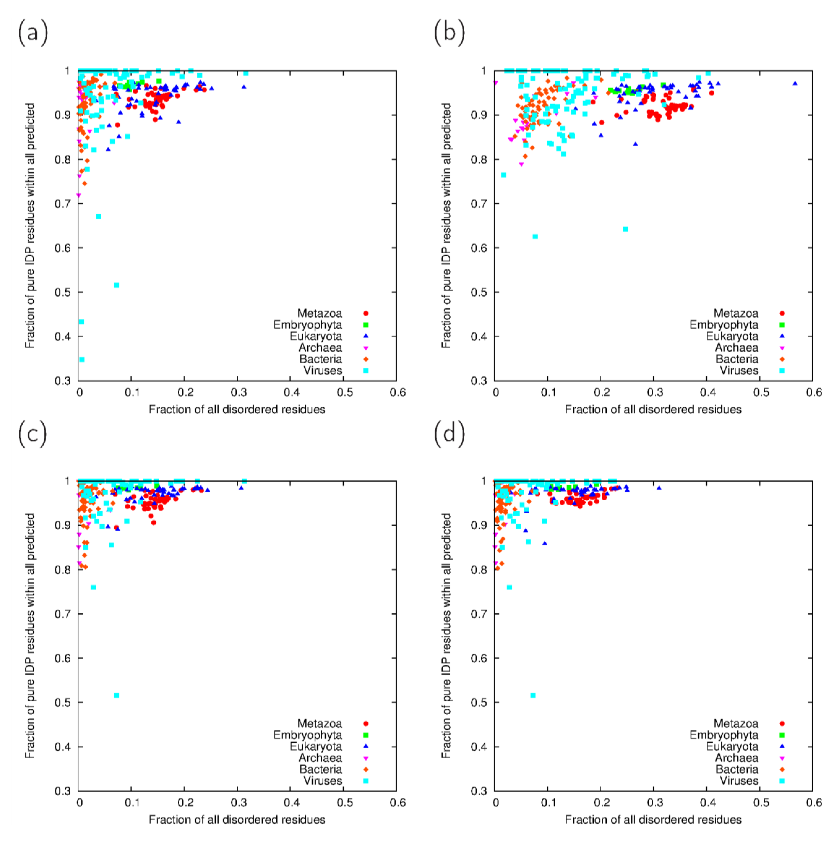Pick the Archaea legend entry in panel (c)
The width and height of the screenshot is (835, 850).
coord(321,758)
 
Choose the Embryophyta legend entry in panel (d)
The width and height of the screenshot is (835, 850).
coord(724,735)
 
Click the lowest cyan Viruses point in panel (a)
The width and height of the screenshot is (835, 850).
coord(82,360)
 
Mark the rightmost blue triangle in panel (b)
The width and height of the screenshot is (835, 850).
coord(795,83)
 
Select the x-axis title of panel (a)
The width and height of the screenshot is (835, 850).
coord(237,409)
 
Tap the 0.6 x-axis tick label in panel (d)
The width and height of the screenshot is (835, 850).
coord(814,803)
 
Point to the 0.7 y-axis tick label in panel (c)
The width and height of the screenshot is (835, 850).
coord(62,614)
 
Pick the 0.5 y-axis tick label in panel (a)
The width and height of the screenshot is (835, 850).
coord(62,292)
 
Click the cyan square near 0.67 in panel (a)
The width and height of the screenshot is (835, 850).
coord(99,217)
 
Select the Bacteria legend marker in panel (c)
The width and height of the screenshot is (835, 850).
coord(366,769)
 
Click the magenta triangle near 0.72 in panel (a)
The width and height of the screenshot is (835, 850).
coord(79,195)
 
